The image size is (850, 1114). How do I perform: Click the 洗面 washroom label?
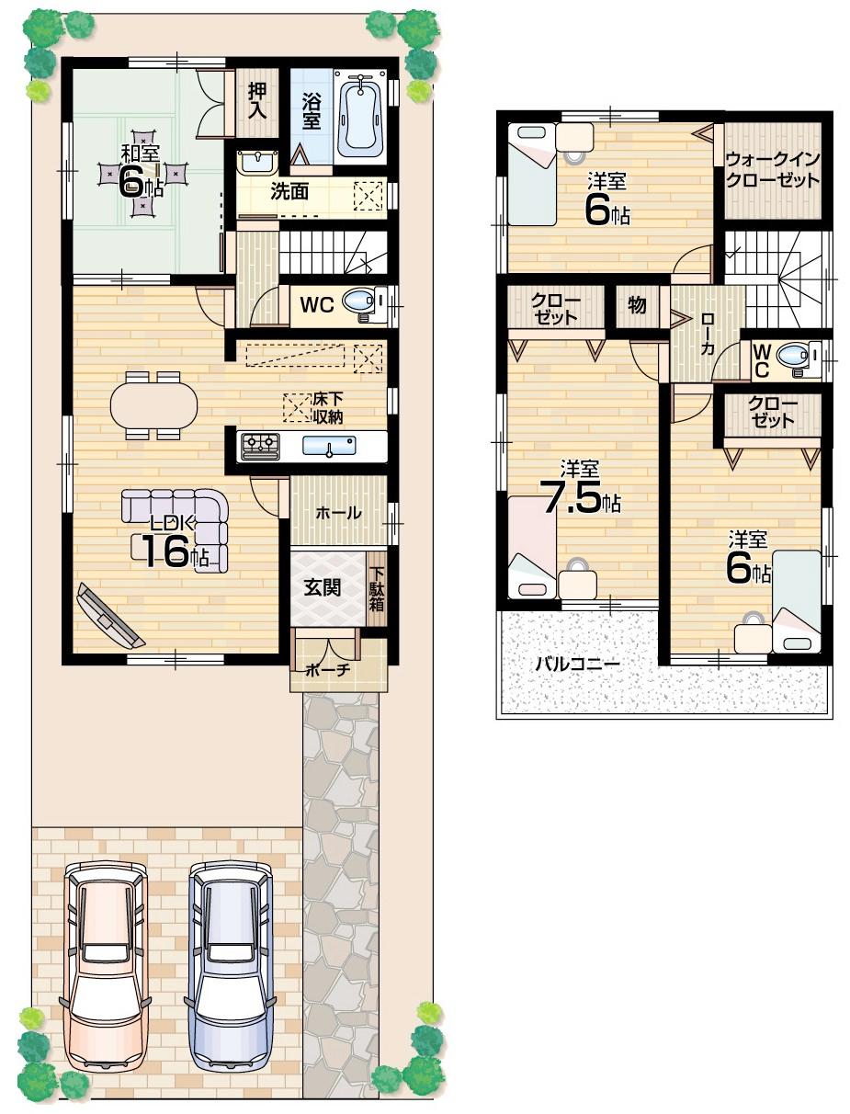click(x=289, y=191)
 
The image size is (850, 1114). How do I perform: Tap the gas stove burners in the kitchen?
click(x=260, y=447)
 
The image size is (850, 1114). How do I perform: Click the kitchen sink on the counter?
click(x=328, y=447)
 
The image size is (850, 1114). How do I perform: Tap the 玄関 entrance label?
click(x=324, y=586)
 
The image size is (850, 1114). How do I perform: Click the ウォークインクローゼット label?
click(x=772, y=170)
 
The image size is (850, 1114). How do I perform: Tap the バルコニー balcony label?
click(x=578, y=664)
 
